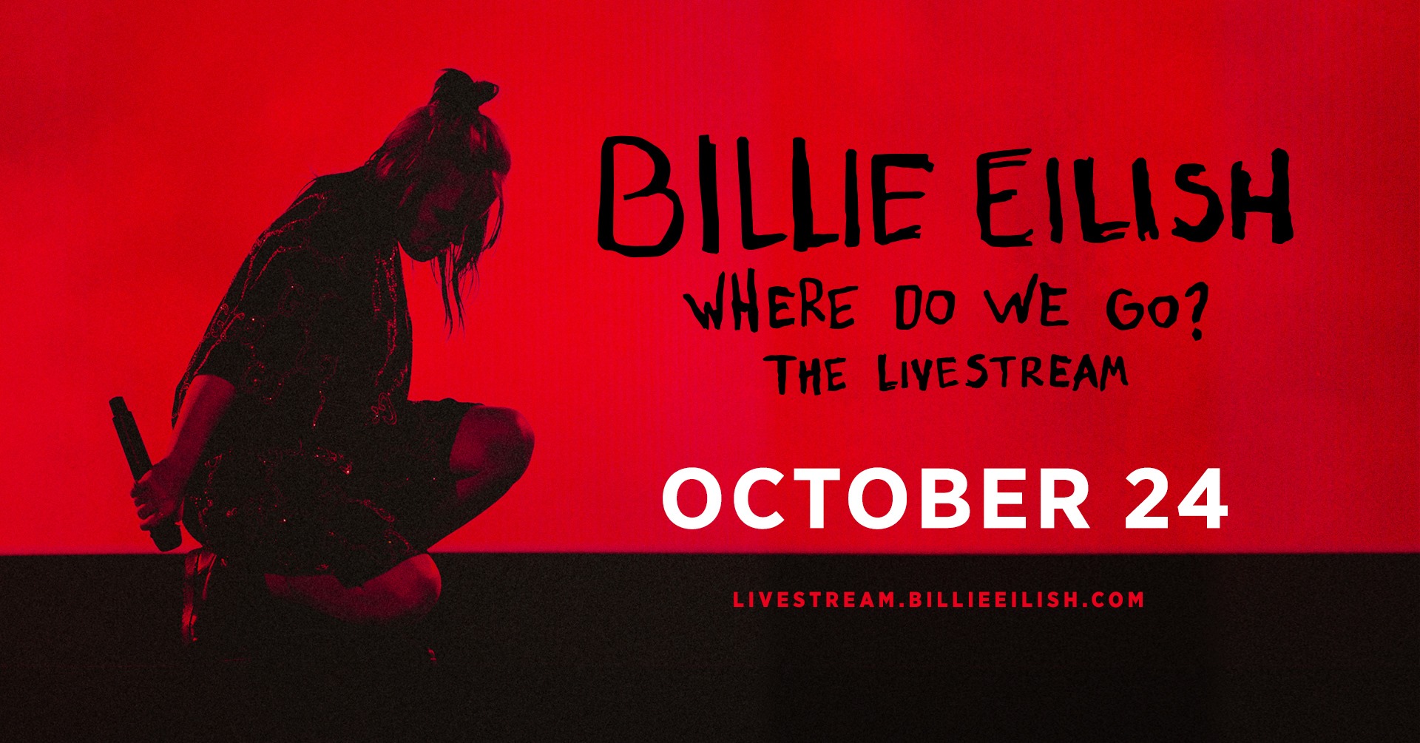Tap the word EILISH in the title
pyautogui.click(x=1135, y=196)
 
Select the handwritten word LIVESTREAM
pyautogui.click(x=1003, y=373)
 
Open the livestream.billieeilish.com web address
pyautogui.click(x=939, y=600)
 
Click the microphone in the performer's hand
pyautogui.click(x=144, y=473)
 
